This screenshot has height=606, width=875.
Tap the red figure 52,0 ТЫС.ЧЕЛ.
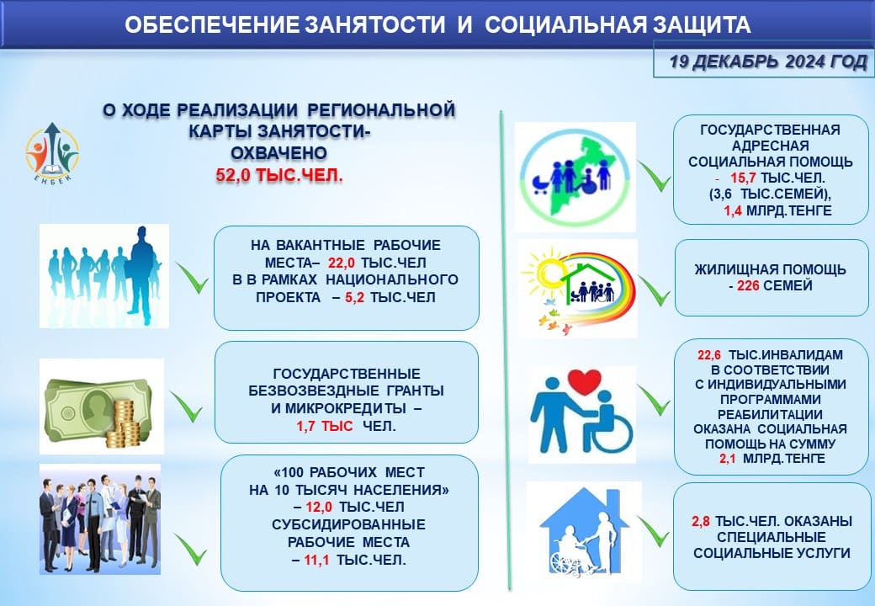click(279, 176)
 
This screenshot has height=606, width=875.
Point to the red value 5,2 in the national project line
click(354, 298)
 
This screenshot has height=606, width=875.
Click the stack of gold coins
click(123, 423)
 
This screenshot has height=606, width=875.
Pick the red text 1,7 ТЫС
click(324, 427)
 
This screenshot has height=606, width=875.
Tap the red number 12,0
click(319, 508)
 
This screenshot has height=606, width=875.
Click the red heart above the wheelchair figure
click(584, 381)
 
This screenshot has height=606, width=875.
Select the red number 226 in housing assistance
click(748, 285)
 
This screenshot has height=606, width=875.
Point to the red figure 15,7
click(743, 178)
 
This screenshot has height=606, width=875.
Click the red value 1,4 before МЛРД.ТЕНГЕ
click(733, 210)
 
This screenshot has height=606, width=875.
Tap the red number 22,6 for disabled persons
click(708, 355)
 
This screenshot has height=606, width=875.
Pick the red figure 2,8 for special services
click(701, 521)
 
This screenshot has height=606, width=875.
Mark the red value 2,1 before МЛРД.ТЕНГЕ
click(728, 459)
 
